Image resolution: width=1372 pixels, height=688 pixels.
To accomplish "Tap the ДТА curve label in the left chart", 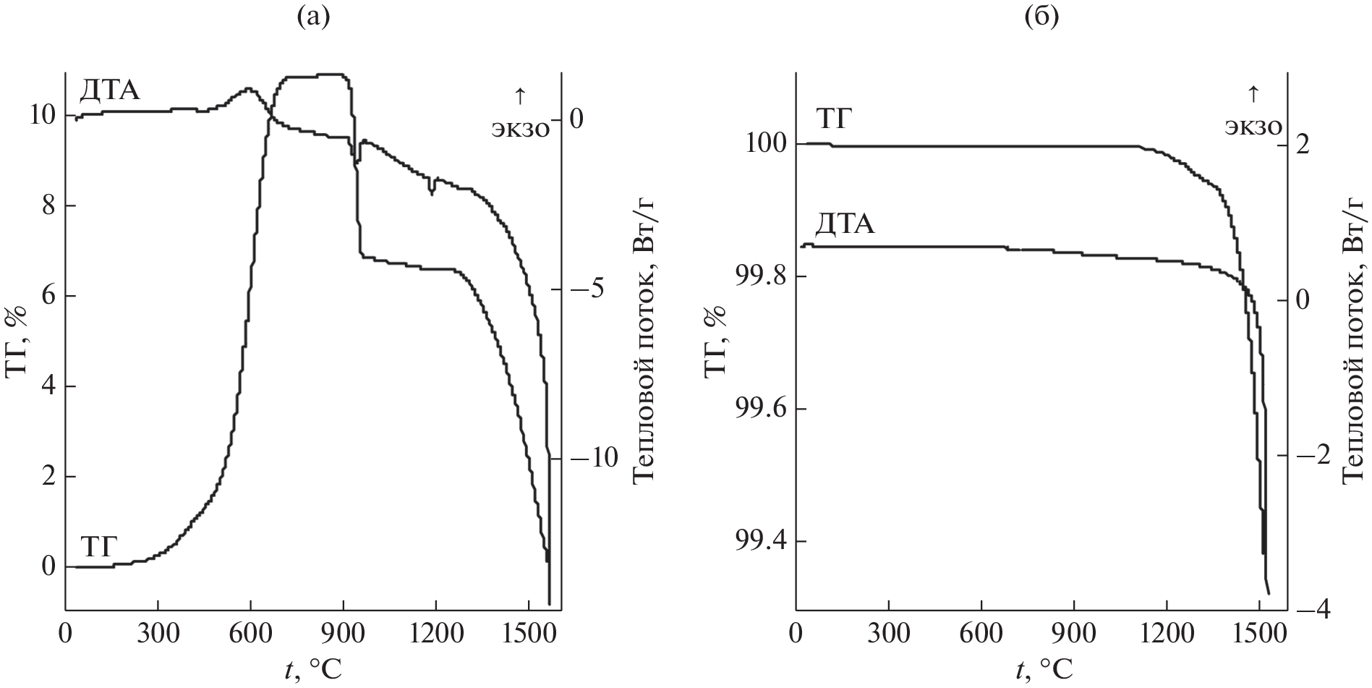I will [x=109, y=92].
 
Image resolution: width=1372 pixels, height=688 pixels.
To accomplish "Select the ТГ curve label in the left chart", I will [x=99, y=547].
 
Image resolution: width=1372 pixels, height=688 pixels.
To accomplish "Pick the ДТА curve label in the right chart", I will [x=845, y=225].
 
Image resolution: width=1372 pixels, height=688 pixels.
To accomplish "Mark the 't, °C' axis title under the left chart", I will [x=312, y=670].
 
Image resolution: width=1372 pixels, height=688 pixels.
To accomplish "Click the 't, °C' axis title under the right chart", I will [x=1041, y=670].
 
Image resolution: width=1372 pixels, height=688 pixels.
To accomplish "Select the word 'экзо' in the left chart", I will [x=521, y=127].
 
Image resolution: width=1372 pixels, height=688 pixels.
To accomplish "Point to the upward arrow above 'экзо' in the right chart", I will [x=1253, y=94].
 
